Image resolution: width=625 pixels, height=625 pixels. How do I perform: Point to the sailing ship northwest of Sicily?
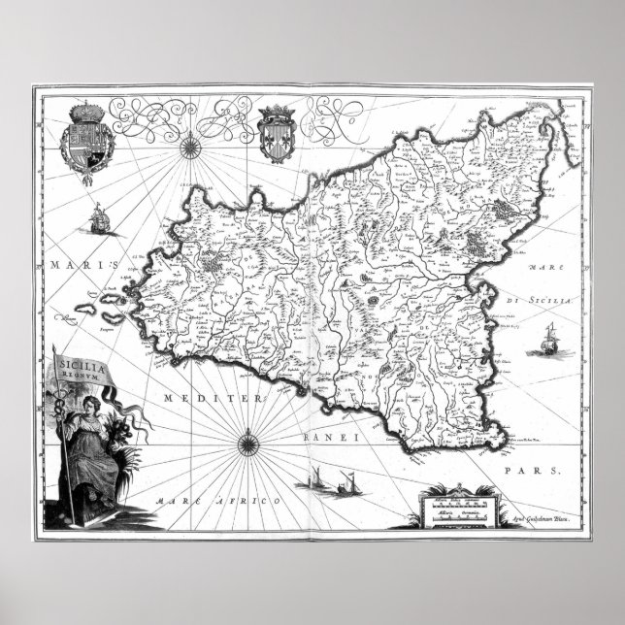(101, 215)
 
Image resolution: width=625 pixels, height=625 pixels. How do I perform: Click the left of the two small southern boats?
(318, 480)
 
